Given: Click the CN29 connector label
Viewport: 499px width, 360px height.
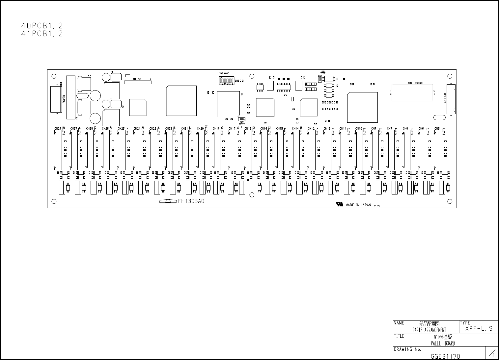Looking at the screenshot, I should [x=58, y=129].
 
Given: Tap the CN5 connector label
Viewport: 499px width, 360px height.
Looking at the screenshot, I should [x=437, y=129].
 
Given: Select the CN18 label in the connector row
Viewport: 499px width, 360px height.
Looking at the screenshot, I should [x=248, y=129].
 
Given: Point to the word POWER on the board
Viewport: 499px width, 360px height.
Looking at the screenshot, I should [x=64, y=99].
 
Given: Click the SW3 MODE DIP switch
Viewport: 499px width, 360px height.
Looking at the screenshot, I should [x=226, y=81].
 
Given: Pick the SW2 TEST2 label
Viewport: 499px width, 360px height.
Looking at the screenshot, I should [x=242, y=123].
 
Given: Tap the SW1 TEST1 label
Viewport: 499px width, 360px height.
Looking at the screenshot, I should [x=323, y=72].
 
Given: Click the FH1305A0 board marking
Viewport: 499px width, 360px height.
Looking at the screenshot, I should [x=191, y=201].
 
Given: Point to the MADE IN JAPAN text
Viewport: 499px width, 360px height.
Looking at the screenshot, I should [x=358, y=205].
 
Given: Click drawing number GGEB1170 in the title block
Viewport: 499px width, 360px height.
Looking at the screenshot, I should [x=445, y=356].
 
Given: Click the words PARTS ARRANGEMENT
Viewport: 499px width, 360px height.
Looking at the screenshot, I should [x=429, y=330].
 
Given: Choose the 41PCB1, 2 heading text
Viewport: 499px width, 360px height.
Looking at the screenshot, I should [x=42, y=34].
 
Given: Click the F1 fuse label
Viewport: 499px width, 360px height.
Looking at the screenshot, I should [x=112, y=72].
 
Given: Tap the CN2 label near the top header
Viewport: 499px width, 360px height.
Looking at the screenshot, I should [x=140, y=79].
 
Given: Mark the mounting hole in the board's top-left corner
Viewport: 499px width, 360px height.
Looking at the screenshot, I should [x=54, y=76].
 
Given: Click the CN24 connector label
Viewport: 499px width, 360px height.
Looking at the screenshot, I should [x=137, y=129].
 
